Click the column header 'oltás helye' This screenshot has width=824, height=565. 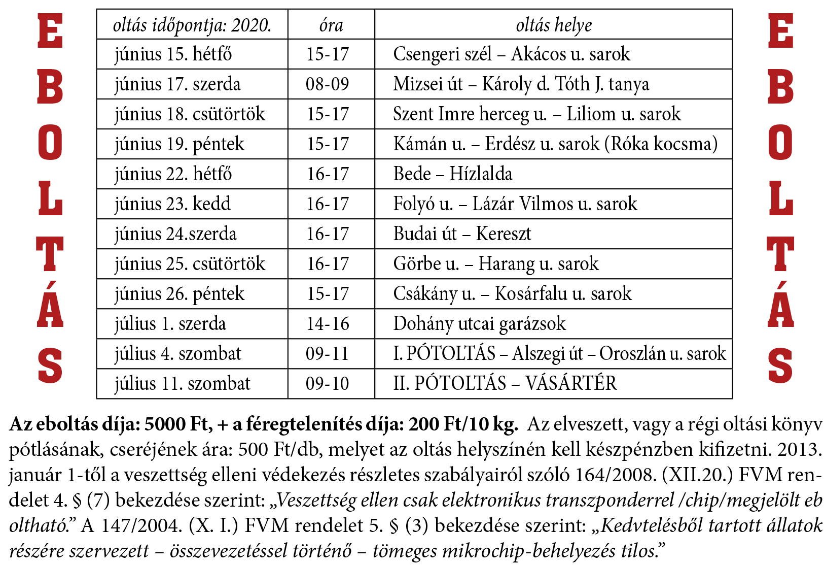(x=553, y=25)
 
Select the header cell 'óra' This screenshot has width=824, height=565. (x=331, y=25)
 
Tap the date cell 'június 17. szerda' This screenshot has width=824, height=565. (x=177, y=84)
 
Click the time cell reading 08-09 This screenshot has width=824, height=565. (x=328, y=84)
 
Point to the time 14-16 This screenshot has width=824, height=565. (x=328, y=324)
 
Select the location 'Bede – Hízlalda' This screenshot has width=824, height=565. (x=453, y=174)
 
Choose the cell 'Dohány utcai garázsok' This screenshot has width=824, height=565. (x=479, y=324)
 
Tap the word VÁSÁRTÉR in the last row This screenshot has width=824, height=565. (x=571, y=383)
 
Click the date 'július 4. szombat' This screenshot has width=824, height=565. (x=178, y=354)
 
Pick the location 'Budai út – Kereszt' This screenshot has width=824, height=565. (x=462, y=234)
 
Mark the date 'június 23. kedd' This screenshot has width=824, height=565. (x=172, y=204)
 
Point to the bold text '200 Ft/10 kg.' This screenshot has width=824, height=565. (x=463, y=424)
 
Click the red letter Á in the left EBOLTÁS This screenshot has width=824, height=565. (x=50, y=305)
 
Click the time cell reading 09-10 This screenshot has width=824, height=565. (x=328, y=383)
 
